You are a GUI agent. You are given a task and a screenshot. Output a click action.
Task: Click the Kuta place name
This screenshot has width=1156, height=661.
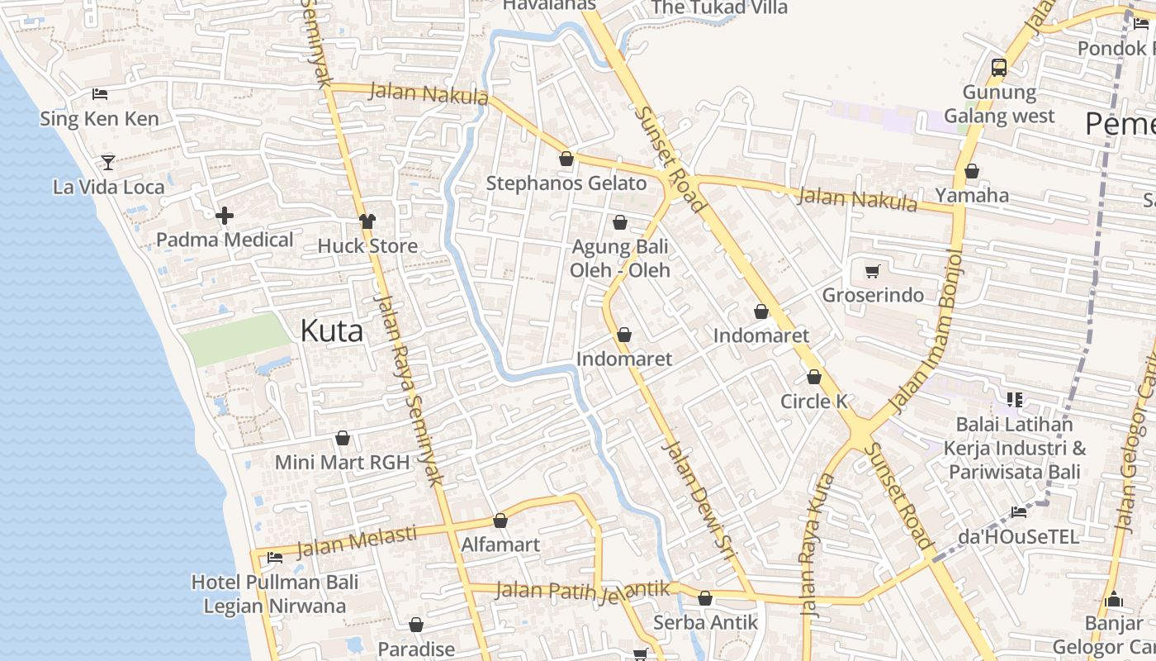coord(331,330)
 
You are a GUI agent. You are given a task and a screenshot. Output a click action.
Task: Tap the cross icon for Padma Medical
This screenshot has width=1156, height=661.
coord(224,216)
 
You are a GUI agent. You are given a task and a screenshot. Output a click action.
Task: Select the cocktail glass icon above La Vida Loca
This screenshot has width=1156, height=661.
coord(108,162)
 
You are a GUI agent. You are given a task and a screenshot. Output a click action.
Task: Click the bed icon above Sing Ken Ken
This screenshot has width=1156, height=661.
coord(100,94)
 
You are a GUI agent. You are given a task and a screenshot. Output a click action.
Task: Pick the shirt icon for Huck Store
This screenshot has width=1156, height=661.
coord(367,221)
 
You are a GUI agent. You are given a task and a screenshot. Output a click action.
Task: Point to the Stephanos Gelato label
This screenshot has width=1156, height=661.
coord(566,183)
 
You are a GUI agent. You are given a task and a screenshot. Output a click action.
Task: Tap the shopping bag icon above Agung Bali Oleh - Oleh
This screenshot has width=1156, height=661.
coord(620,222)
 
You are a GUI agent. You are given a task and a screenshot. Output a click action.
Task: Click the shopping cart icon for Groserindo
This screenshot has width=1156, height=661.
coord(873,271)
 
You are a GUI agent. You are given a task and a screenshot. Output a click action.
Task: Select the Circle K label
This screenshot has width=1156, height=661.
coord(814,402)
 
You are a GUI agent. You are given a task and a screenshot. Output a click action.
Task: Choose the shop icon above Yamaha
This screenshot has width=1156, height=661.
coord(972,171)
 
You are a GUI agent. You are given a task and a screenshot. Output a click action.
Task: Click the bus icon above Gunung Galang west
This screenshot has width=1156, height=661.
coord(999,67)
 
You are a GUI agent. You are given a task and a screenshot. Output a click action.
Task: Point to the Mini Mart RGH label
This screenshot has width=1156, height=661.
coord(342,463)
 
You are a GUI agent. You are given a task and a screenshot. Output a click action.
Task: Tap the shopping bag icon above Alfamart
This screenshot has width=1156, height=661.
coord(500,521)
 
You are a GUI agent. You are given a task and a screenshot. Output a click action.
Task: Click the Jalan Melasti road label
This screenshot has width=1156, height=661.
coord(357,542)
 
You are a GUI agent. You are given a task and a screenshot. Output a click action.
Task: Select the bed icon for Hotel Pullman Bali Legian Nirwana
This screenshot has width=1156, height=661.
coord(275,558)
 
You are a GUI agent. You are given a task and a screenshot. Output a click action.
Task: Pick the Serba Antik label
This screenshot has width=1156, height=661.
coord(705,622)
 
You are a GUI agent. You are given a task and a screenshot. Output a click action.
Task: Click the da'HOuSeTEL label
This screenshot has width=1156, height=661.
coord(1018,537)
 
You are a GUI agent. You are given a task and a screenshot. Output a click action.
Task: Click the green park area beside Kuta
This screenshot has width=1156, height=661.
coord(236,339)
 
